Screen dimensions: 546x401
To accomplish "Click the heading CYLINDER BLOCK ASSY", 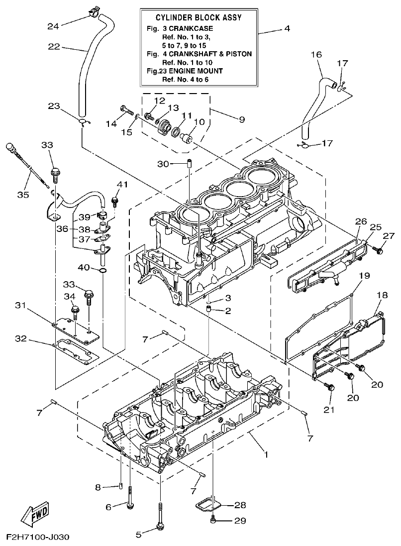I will (x=199, y=17).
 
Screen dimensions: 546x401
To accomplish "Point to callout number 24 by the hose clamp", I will (x=53, y=26).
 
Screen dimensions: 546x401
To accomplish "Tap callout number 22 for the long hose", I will (x=54, y=47).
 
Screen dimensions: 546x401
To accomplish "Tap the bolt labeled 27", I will (x=380, y=250).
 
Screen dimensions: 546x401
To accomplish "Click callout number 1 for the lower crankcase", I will (x=266, y=454).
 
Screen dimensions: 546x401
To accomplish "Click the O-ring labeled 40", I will (x=101, y=270).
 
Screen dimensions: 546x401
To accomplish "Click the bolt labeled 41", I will (x=115, y=201).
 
